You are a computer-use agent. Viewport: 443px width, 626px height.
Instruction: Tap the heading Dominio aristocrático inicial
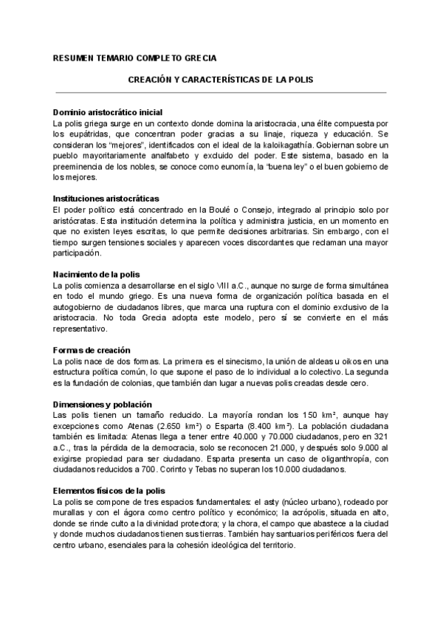tap(103, 112)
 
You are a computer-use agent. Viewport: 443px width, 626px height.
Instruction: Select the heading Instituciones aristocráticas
tap(106, 199)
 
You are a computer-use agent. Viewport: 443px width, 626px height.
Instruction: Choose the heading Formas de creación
tap(92, 350)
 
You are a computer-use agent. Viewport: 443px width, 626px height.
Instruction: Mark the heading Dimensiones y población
tap(103, 405)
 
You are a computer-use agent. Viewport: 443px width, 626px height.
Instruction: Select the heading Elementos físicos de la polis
tap(109, 491)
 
